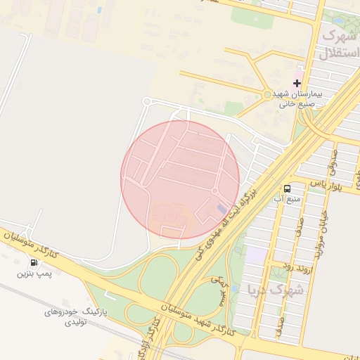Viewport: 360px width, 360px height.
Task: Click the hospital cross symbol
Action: tap(297, 83)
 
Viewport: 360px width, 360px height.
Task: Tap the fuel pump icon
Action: tap(34, 262)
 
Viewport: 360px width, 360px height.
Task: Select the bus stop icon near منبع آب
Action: tap(287, 188)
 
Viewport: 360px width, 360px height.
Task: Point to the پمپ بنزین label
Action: tap(34, 274)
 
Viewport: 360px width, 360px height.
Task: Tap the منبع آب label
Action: tap(288, 200)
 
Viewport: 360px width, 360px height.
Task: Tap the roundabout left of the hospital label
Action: tap(266, 94)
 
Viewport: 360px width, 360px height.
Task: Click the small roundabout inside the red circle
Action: tap(214, 191)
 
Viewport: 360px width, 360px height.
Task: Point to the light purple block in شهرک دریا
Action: tap(256, 255)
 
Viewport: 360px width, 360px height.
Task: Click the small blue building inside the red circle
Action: tap(221, 210)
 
